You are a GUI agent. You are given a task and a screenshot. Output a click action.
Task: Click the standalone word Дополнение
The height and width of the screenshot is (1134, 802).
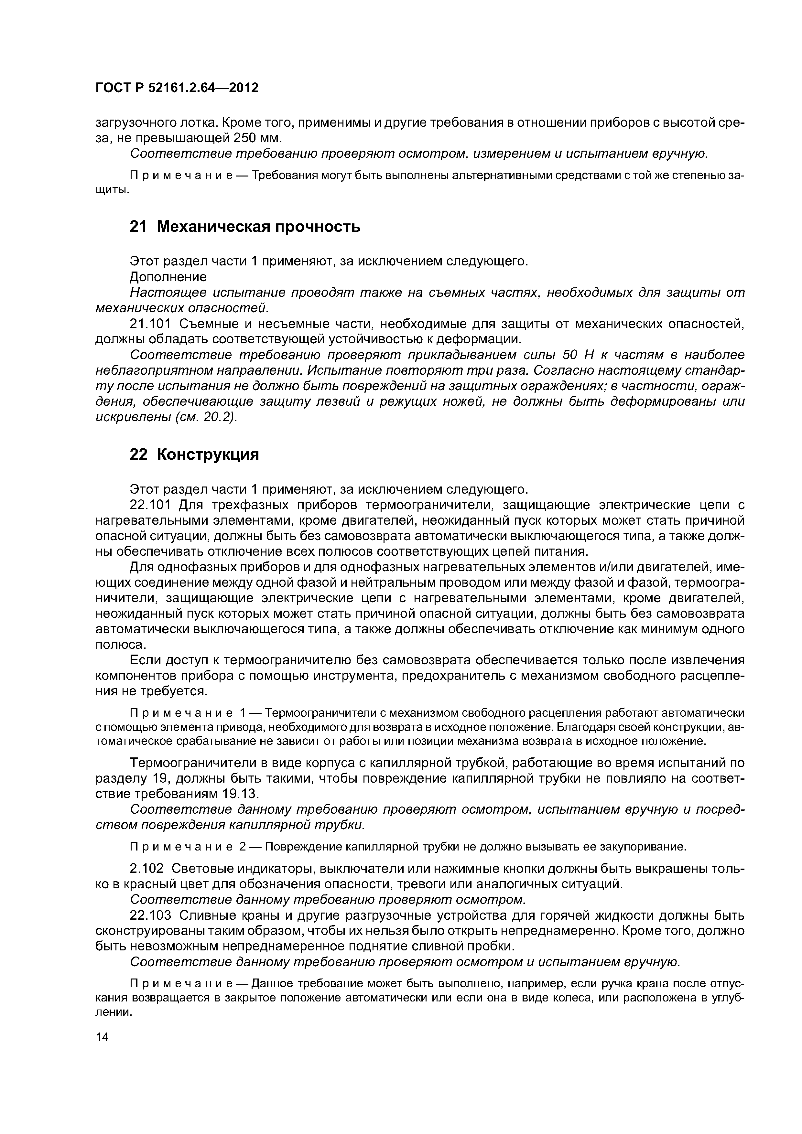[168, 277]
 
